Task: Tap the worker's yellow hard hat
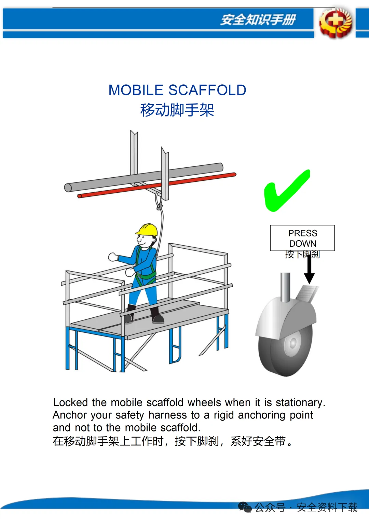point(147,229)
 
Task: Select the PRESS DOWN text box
point(302,238)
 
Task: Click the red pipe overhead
point(156,185)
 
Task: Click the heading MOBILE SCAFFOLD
point(177,90)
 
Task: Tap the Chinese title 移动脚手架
point(177,110)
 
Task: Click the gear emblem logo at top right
point(336,23)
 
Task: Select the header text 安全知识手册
point(258,19)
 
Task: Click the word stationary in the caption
point(300,403)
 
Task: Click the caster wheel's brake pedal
point(307,293)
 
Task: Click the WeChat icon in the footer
point(245,507)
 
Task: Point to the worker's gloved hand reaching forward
point(113,257)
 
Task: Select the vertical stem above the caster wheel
point(285,287)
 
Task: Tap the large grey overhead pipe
point(143,177)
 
